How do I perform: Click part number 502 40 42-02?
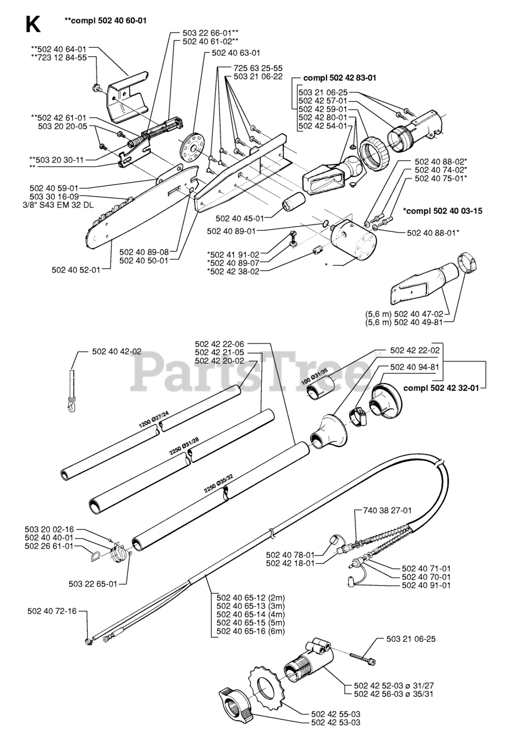pos(116,352)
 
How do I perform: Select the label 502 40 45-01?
pos(240,218)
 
